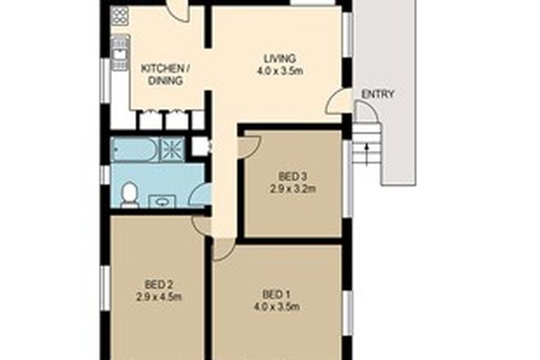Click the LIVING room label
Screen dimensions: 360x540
click(x=279, y=57)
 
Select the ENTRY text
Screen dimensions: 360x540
click(x=377, y=94)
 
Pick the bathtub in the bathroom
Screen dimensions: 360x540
click(x=134, y=149)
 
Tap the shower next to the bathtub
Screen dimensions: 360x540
click(x=172, y=148)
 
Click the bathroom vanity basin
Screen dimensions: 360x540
click(x=161, y=200)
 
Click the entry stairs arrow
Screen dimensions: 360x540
click(x=367, y=149)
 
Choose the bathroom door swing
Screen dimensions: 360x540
click(x=199, y=193)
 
